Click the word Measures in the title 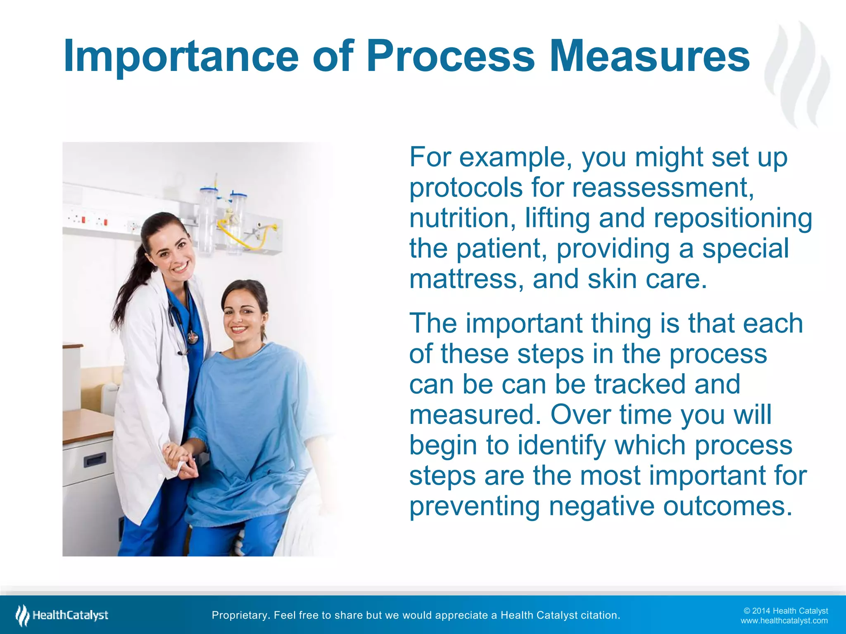point(649,56)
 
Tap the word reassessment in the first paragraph point(663,188)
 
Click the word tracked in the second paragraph point(641,384)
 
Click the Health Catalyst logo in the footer point(62,615)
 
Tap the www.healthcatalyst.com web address point(784,621)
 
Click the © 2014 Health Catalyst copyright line point(785,611)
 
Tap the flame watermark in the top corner point(797,74)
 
